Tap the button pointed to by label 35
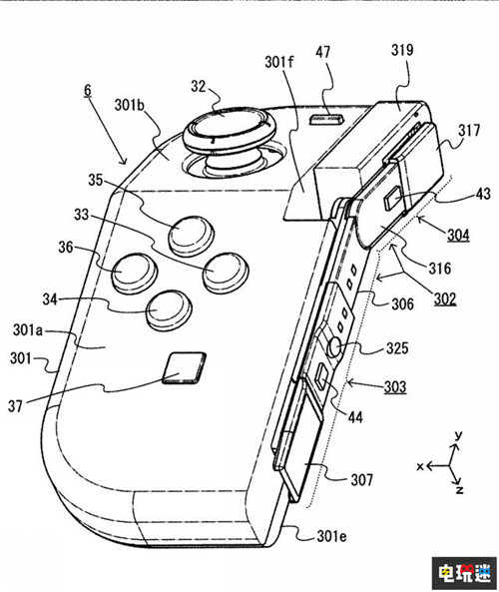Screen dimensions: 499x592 pos(191,237)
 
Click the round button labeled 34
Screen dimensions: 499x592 pos(169,310)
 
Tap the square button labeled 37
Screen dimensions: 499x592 pos(185,368)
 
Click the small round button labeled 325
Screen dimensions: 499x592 pos(334,347)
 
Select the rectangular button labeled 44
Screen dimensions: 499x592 pos(322,377)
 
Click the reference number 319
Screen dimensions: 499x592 pos(402,50)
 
